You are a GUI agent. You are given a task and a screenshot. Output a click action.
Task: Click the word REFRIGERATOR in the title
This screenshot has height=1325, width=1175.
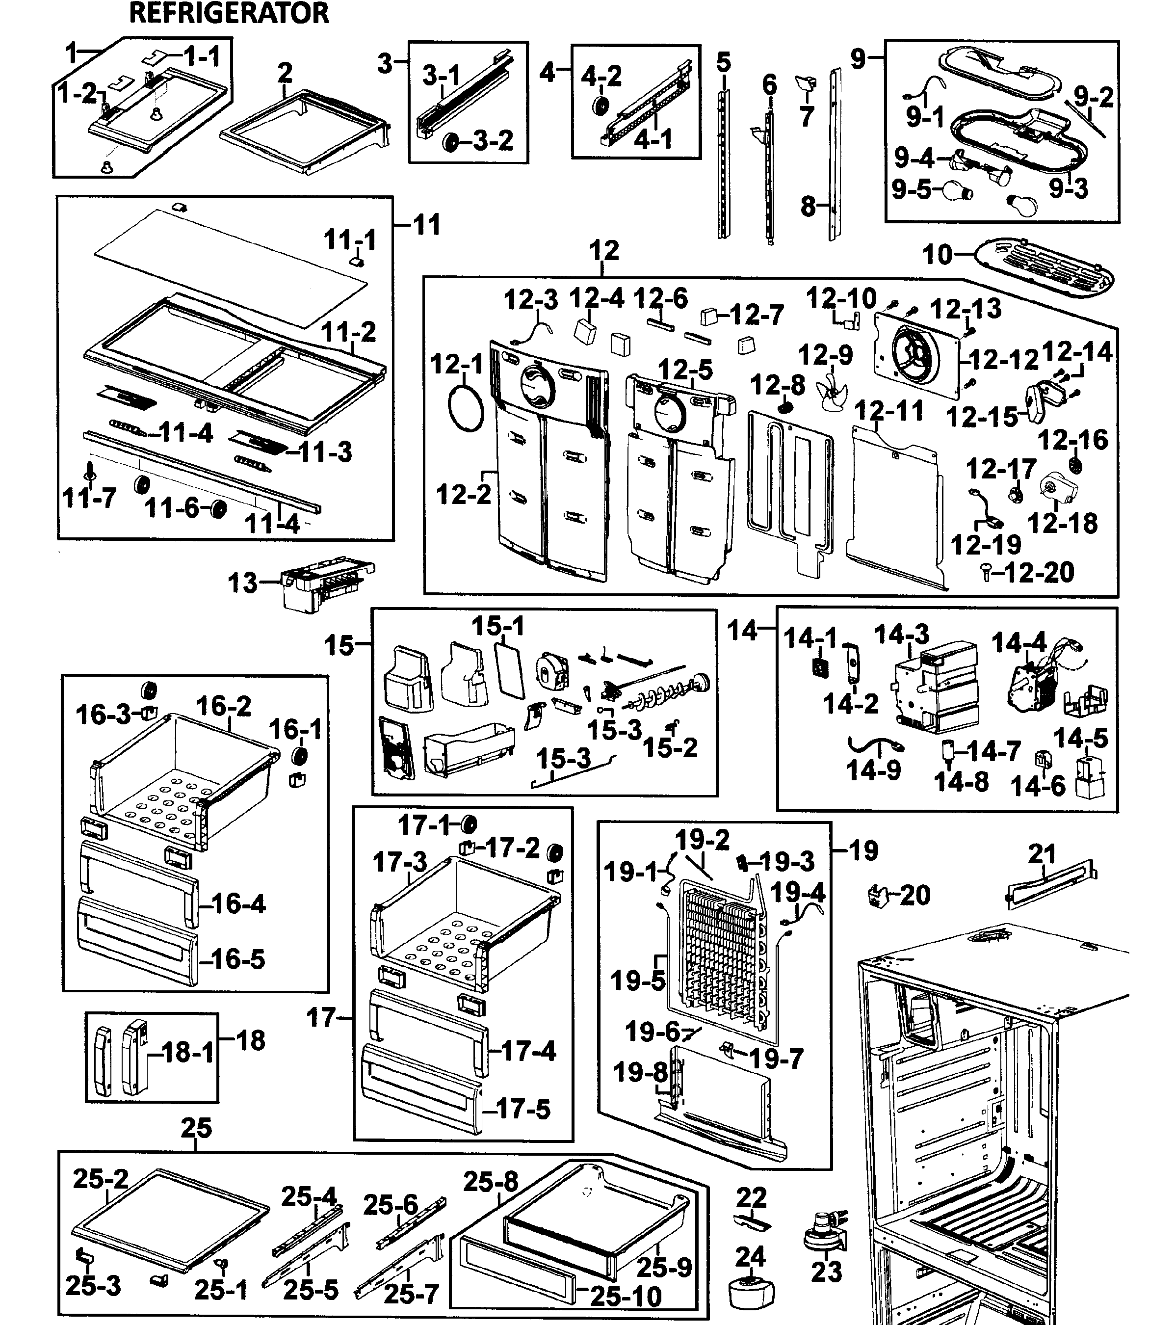[229, 13]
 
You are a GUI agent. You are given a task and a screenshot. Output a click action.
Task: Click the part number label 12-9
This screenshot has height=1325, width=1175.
[825, 355]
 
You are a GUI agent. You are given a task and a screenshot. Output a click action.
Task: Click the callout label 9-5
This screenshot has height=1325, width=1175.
[911, 189]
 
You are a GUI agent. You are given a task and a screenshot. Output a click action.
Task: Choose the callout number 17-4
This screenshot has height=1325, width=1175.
[528, 1051]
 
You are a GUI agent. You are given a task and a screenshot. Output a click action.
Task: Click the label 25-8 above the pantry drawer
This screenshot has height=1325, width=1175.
[491, 1182]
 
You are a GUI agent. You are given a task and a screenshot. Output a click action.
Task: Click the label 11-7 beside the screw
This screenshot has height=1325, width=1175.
[89, 499]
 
